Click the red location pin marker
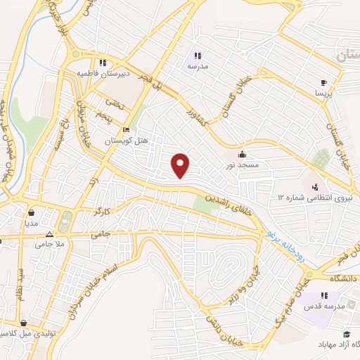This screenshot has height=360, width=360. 181,165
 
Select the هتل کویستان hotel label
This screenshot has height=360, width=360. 127,141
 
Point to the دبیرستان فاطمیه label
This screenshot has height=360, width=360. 95,72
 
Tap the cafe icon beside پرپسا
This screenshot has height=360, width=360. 323,81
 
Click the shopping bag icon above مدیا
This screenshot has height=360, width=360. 32,212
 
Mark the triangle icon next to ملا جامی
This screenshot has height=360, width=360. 49,235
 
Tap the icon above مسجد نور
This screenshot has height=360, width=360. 242,153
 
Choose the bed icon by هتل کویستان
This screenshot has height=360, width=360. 127,130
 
